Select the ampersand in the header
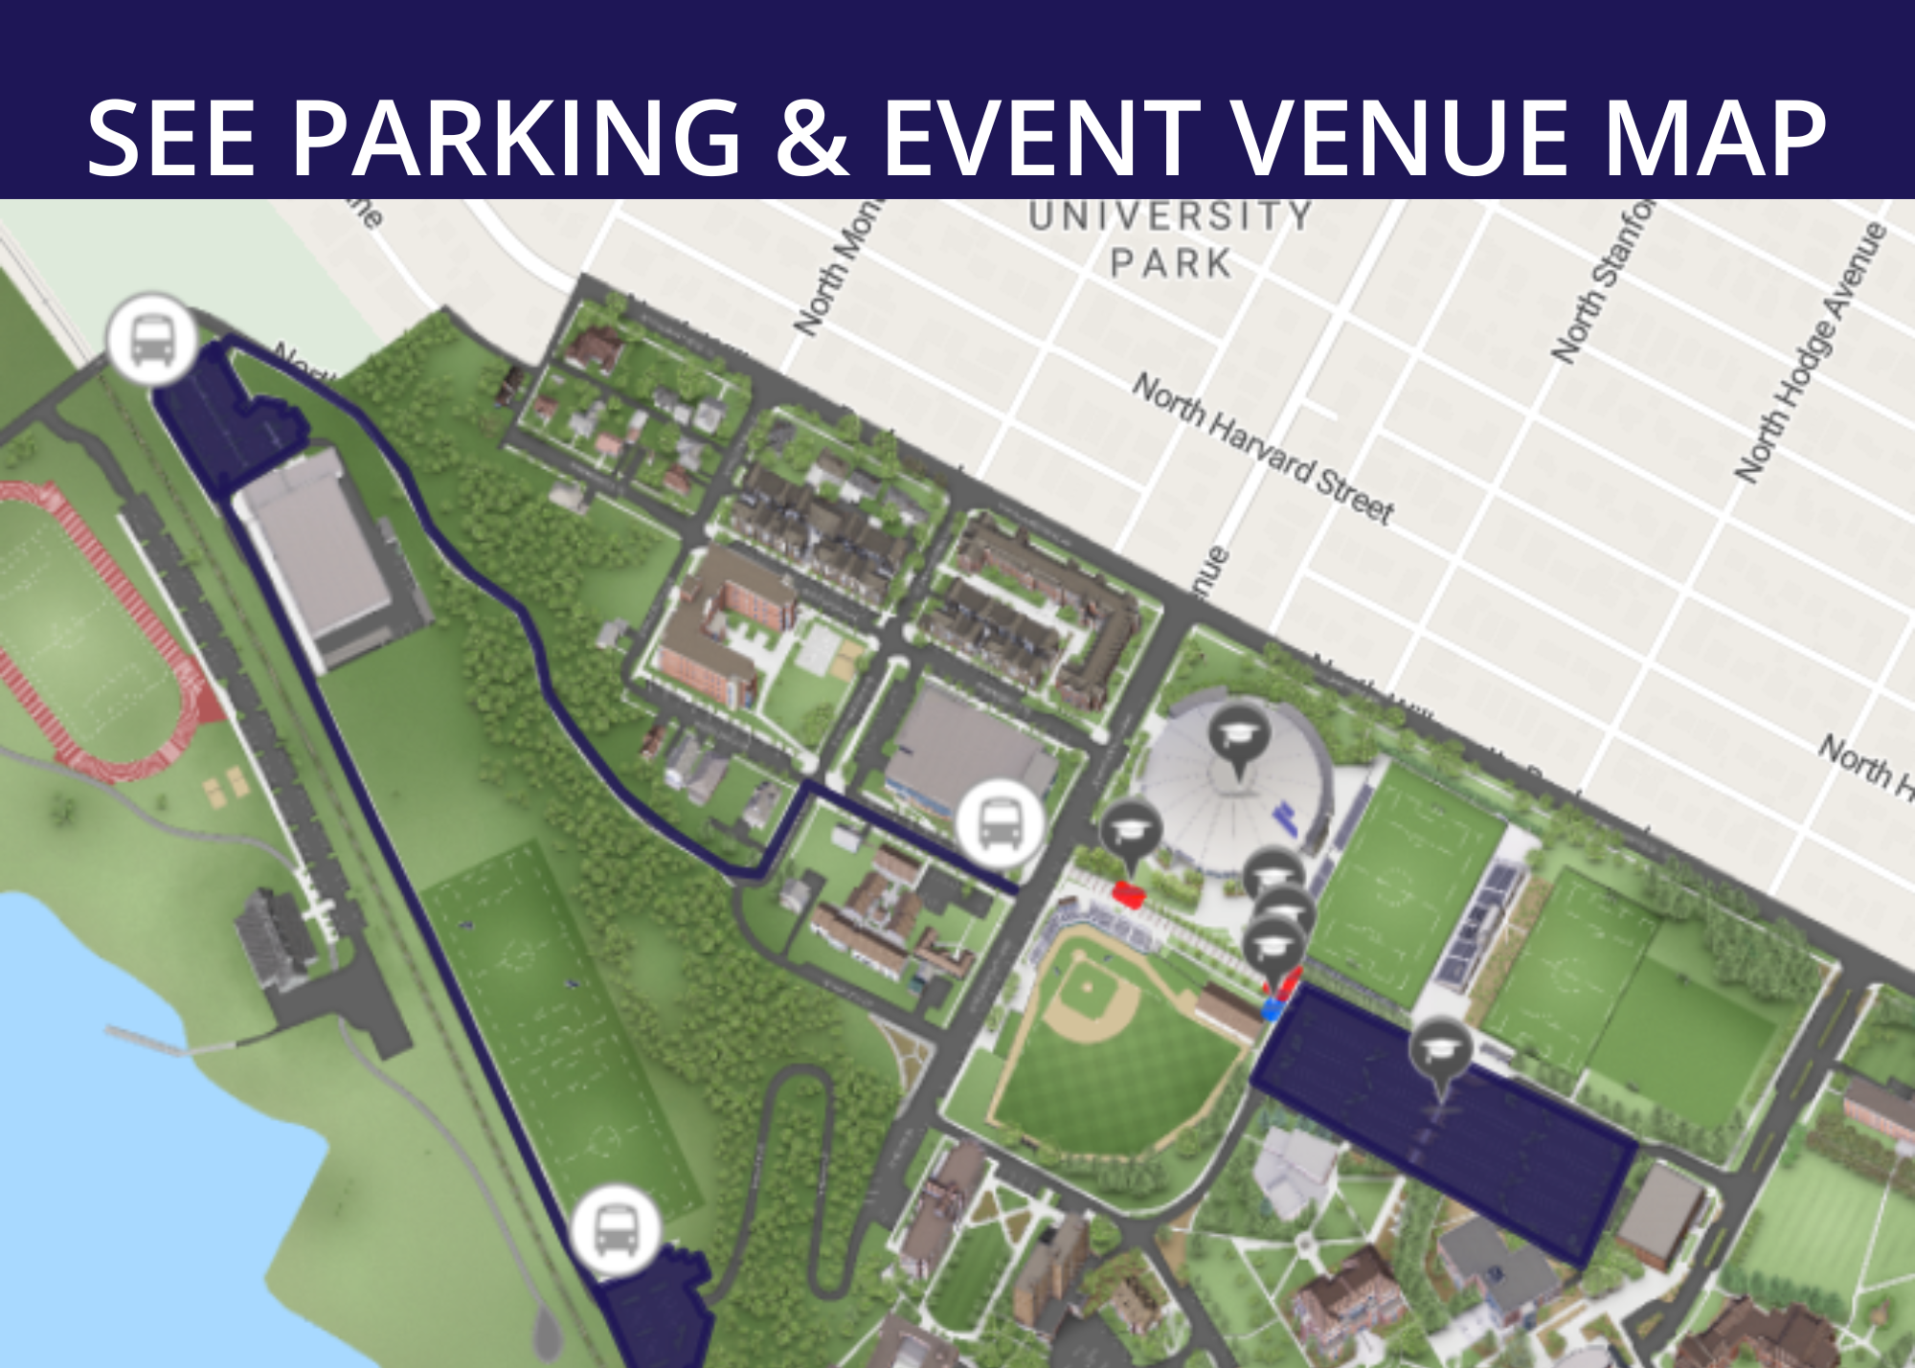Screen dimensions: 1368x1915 pyautogui.click(x=812, y=139)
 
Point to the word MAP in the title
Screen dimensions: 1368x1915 pyautogui.click(x=1714, y=139)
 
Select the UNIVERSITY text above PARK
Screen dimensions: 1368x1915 pyautogui.click(x=1170, y=216)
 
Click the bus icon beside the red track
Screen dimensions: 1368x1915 pyautogui.click(x=152, y=340)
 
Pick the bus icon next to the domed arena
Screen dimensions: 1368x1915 pyautogui.click(x=1001, y=824)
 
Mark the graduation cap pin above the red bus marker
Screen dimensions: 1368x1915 pyautogui.click(x=1131, y=833)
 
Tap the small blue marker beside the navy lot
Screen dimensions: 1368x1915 pyautogui.click(x=1272, y=1009)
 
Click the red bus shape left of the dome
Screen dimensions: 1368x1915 pyautogui.click(x=1129, y=894)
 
